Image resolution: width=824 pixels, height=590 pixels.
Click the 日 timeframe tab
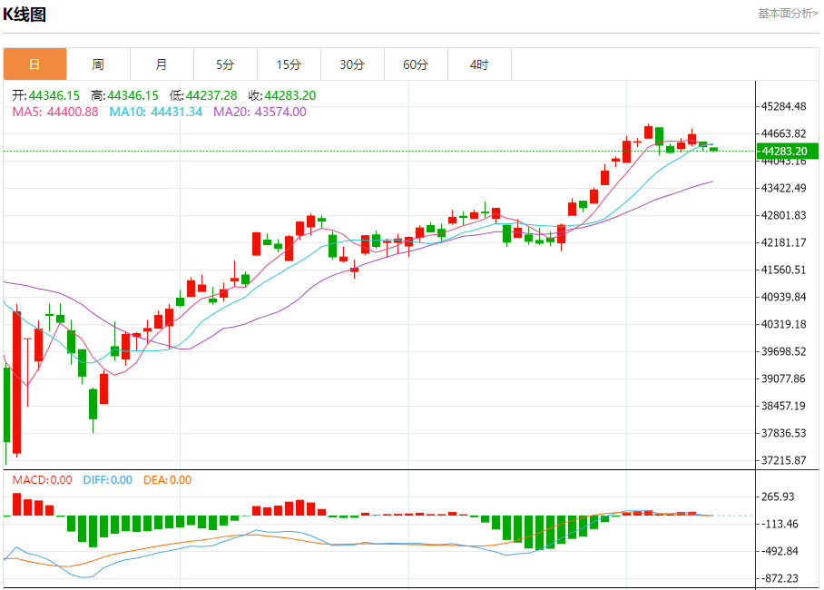click(x=34, y=64)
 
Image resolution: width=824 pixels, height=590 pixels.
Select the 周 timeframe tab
click(x=98, y=64)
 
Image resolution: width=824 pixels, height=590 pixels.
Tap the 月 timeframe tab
click(x=162, y=64)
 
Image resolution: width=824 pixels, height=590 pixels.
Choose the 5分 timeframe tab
click(x=225, y=64)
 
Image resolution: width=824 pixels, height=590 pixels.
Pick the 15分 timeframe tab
click(x=289, y=64)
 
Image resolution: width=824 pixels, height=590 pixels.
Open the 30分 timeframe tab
click(x=352, y=64)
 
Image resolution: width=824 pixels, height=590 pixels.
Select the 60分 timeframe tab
click(x=416, y=64)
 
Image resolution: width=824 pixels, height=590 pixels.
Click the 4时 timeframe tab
click(x=479, y=64)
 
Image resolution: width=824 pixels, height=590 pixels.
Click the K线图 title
click(x=25, y=14)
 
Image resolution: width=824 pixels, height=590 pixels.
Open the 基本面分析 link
click(x=788, y=14)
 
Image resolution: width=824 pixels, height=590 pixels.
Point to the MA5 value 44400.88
click(x=73, y=112)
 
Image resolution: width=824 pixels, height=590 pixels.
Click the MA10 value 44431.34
click(x=176, y=112)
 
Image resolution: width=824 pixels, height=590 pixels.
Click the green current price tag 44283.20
click(x=786, y=151)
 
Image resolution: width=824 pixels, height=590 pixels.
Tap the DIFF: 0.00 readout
click(x=107, y=480)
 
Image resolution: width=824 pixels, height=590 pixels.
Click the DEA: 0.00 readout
click(x=167, y=480)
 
